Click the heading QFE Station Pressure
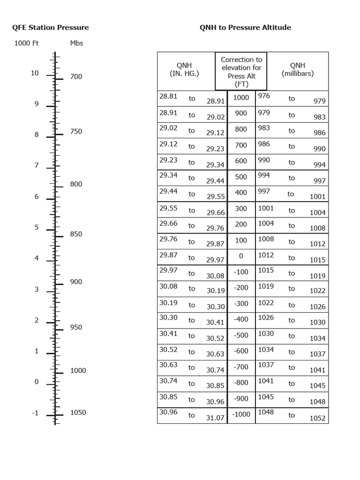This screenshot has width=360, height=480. (50, 28)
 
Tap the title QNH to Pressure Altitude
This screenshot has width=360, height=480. (245, 28)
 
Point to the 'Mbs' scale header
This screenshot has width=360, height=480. (76, 43)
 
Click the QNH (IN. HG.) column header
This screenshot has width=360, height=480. (184, 70)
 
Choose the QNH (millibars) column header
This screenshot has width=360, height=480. (298, 70)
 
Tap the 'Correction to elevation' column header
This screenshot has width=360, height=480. (241, 71)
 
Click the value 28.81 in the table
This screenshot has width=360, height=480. (168, 96)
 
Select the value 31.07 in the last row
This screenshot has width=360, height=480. (216, 418)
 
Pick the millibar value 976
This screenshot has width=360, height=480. (264, 96)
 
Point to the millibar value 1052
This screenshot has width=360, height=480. (317, 419)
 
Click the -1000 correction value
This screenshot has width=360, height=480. (241, 415)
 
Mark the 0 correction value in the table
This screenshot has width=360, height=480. (241, 256)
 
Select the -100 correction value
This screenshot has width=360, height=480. (241, 272)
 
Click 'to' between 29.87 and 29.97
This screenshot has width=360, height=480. (192, 257)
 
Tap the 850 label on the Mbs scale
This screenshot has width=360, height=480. (76, 234)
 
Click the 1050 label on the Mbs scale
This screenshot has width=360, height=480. (78, 412)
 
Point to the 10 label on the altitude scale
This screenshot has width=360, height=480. (35, 73)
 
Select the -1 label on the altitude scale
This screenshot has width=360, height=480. (35, 413)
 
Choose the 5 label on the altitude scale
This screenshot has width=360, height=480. (36, 228)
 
